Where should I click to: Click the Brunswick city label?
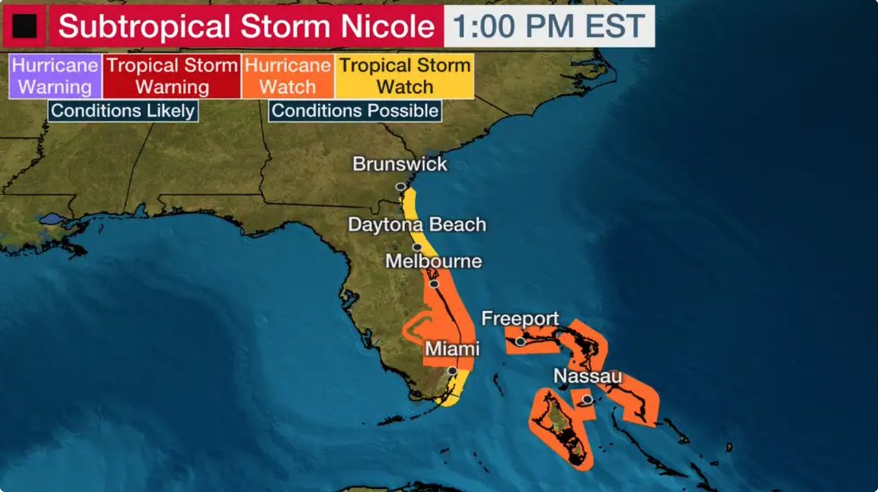coord(399,164)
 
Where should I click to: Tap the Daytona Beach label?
coord(416,224)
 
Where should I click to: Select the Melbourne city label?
coord(434,261)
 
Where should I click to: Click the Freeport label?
coord(519,319)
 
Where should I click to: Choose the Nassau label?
coord(588,376)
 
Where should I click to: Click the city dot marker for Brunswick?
coord(400,186)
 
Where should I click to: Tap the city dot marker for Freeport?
coord(520,341)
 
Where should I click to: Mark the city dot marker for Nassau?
coord(587,399)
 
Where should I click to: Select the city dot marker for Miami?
coord(453,371)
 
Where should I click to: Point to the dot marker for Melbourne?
coord(434,284)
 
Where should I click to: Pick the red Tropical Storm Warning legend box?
coord(172,76)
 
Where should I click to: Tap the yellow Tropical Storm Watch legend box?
coord(405,76)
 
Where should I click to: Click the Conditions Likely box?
coord(123,111)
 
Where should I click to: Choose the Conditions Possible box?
coord(355,111)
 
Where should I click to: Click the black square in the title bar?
coord(24,26)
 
